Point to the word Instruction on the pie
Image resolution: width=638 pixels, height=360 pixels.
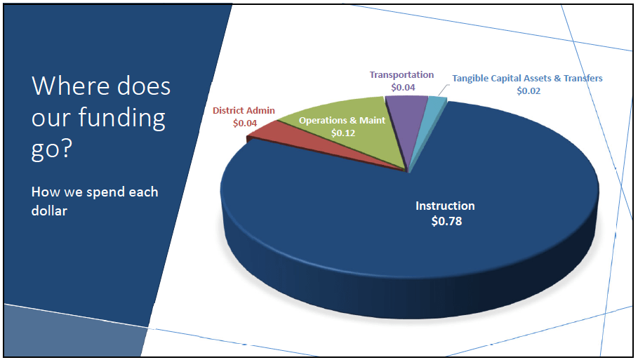coord(445,206)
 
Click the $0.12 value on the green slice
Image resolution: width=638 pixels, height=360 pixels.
coord(342,132)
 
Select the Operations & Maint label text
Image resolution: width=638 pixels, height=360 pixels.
coord(342,121)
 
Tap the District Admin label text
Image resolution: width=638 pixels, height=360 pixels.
coord(244,110)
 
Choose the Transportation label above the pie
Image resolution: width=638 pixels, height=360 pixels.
coord(401,75)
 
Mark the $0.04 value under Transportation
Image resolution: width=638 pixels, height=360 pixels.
coord(403,88)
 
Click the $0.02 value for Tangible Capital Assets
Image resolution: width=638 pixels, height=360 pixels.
coord(529,91)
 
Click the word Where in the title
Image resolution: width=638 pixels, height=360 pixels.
coord(67,86)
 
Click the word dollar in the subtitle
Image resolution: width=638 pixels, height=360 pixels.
coord(49,210)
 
